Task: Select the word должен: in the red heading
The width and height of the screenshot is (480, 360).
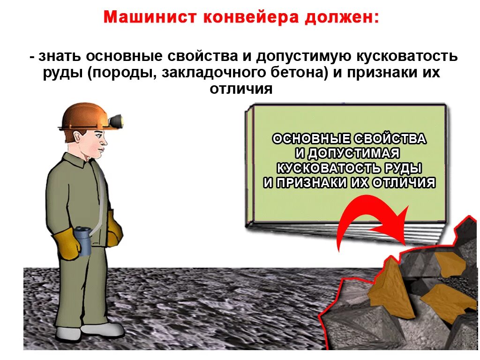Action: coord(342,18)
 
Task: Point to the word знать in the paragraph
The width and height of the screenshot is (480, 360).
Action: coord(62,57)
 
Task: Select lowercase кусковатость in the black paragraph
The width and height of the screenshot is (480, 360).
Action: coord(405,57)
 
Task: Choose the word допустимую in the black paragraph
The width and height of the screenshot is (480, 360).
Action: coord(302,57)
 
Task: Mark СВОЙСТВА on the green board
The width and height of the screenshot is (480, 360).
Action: coord(390,139)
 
